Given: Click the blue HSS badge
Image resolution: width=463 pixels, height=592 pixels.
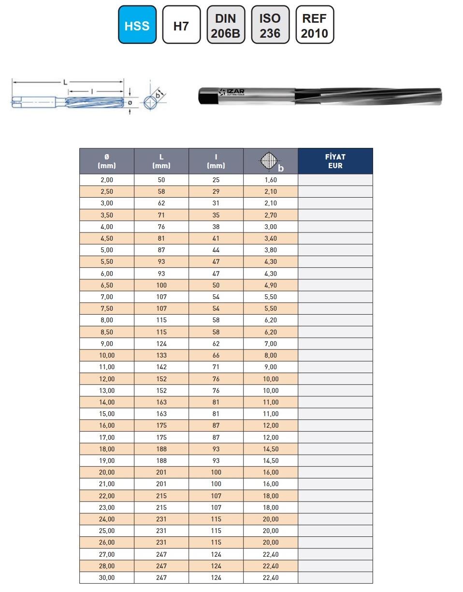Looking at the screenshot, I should pyautogui.click(x=137, y=25).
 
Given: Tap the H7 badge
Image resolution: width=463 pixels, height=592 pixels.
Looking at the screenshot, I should pyautogui.click(x=181, y=25).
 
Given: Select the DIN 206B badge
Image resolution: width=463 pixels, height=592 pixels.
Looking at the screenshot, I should pyautogui.click(x=225, y=25).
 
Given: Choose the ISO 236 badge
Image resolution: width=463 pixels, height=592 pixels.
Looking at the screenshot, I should pyautogui.click(x=270, y=25).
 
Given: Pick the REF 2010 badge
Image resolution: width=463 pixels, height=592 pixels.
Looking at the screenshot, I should pyautogui.click(x=314, y=25).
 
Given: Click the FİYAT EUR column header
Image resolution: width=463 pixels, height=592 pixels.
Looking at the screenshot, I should pyautogui.click(x=335, y=161).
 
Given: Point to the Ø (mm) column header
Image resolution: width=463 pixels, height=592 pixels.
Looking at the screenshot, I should pyautogui.click(x=107, y=161).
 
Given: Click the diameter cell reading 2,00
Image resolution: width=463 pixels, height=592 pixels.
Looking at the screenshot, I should pyautogui.click(x=107, y=180).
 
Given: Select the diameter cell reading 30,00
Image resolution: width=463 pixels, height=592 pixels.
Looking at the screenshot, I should pyautogui.click(x=107, y=578).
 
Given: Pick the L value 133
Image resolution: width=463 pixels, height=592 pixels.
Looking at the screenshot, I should pyautogui.click(x=161, y=355).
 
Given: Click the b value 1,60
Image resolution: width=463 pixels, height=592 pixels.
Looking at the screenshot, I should pyautogui.click(x=271, y=180).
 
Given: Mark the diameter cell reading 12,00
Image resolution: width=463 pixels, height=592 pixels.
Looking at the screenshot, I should pyautogui.click(x=107, y=379).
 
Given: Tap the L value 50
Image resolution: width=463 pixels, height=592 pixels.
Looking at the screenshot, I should pyautogui.click(x=161, y=180).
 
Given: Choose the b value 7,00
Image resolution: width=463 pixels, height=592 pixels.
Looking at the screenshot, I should pyautogui.click(x=271, y=344).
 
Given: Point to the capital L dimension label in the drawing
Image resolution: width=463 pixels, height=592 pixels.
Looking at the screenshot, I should pyautogui.click(x=66, y=83).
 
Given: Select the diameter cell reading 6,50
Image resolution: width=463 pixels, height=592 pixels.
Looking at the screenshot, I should pyautogui.click(x=107, y=285).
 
